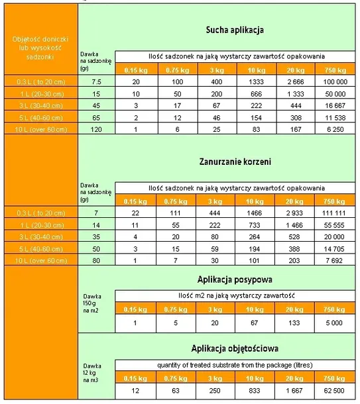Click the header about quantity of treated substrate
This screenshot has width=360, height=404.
point(236,364)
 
